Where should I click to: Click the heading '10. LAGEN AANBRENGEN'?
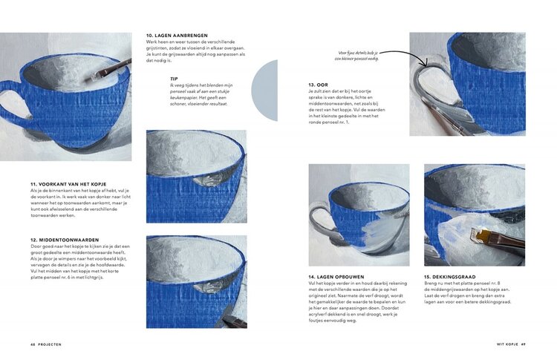point(177,36)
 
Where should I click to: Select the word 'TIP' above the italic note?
point(174,78)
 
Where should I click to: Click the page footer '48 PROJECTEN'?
point(46,344)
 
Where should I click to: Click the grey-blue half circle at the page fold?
point(266,90)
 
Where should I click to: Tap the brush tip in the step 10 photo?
point(99,74)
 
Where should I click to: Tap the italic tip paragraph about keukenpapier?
point(197,94)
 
